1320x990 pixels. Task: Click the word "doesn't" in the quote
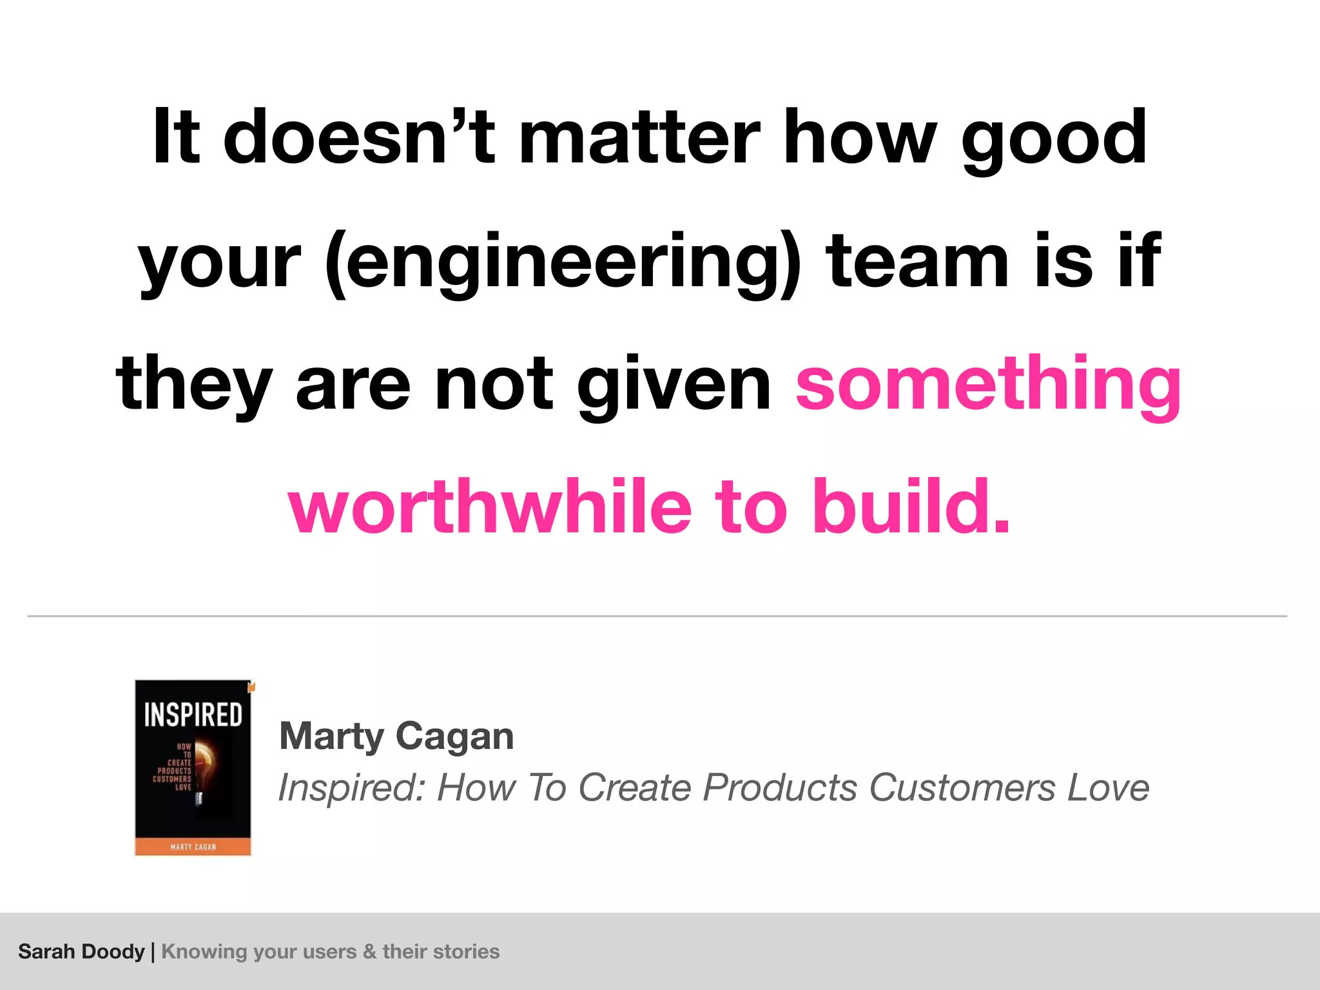(x=358, y=137)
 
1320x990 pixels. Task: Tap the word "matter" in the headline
(x=639, y=137)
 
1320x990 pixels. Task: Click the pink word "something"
(x=988, y=385)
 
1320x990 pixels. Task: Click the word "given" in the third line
(x=674, y=385)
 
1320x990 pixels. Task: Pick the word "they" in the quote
(x=193, y=385)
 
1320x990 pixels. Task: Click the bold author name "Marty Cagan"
(x=396, y=736)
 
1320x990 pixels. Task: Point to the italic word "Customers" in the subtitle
(x=962, y=788)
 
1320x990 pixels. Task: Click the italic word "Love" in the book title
(x=1108, y=788)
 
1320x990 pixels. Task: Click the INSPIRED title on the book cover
(x=193, y=715)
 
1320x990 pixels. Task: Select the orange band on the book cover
(x=193, y=846)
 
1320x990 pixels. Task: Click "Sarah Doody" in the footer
(x=81, y=951)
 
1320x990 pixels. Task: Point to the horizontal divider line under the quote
(x=657, y=616)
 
